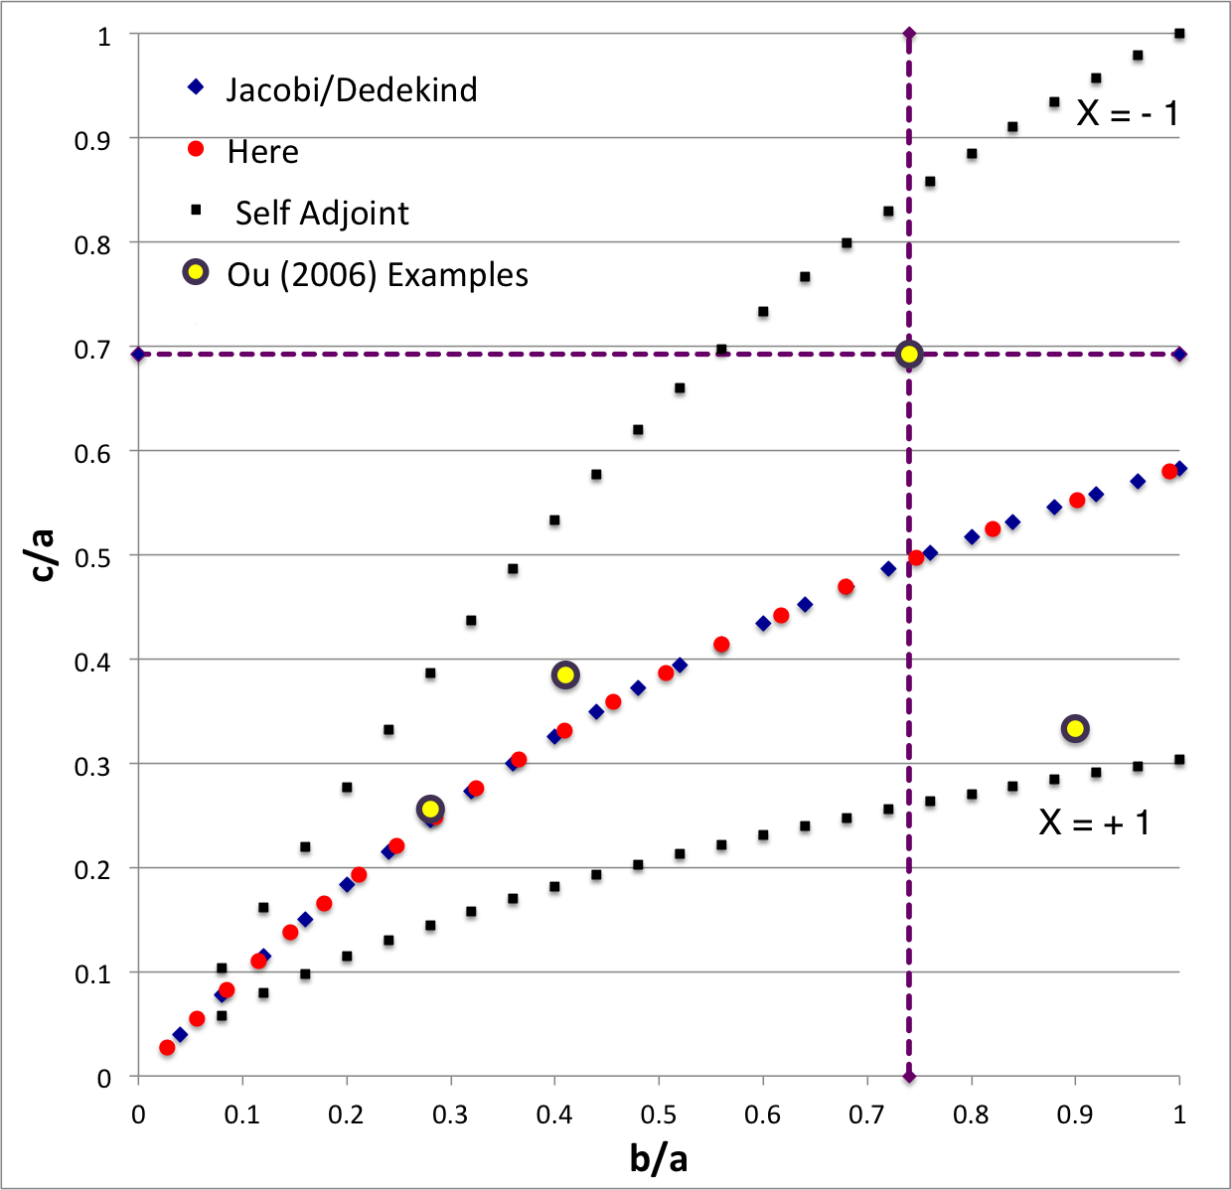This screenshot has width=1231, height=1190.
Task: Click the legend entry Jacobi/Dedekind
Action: (x=351, y=90)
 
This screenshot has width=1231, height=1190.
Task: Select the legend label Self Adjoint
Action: (x=322, y=214)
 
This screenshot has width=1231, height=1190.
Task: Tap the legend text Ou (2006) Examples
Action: (x=378, y=275)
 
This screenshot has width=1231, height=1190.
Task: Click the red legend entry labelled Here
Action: (x=262, y=152)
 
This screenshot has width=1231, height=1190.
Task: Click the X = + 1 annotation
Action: (x=1094, y=822)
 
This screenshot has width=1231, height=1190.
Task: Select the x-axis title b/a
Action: (x=659, y=1158)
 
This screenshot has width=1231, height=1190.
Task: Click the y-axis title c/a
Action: (x=42, y=555)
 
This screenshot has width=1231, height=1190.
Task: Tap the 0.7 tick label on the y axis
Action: (x=92, y=350)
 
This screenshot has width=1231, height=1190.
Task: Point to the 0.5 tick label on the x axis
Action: (x=659, y=1116)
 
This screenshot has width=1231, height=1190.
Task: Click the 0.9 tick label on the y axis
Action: (x=92, y=141)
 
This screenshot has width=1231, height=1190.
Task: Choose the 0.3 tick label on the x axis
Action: (x=450, y=1116)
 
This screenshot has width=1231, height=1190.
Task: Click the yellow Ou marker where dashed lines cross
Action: (x=908, y=355)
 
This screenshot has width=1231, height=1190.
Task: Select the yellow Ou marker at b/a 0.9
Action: (x=1074, y=729)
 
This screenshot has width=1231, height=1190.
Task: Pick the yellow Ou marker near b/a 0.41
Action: (x=565, y=675)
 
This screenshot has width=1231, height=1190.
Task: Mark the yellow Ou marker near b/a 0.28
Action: (x=430, y=809)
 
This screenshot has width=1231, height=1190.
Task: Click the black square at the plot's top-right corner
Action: (x=1179, y=34)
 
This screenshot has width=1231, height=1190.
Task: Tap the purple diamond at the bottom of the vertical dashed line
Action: (x=908, y=1077)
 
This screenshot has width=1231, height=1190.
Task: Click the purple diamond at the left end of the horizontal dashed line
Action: (x=139, y=355)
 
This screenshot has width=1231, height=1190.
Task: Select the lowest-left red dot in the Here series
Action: (x=167, y=1047)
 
